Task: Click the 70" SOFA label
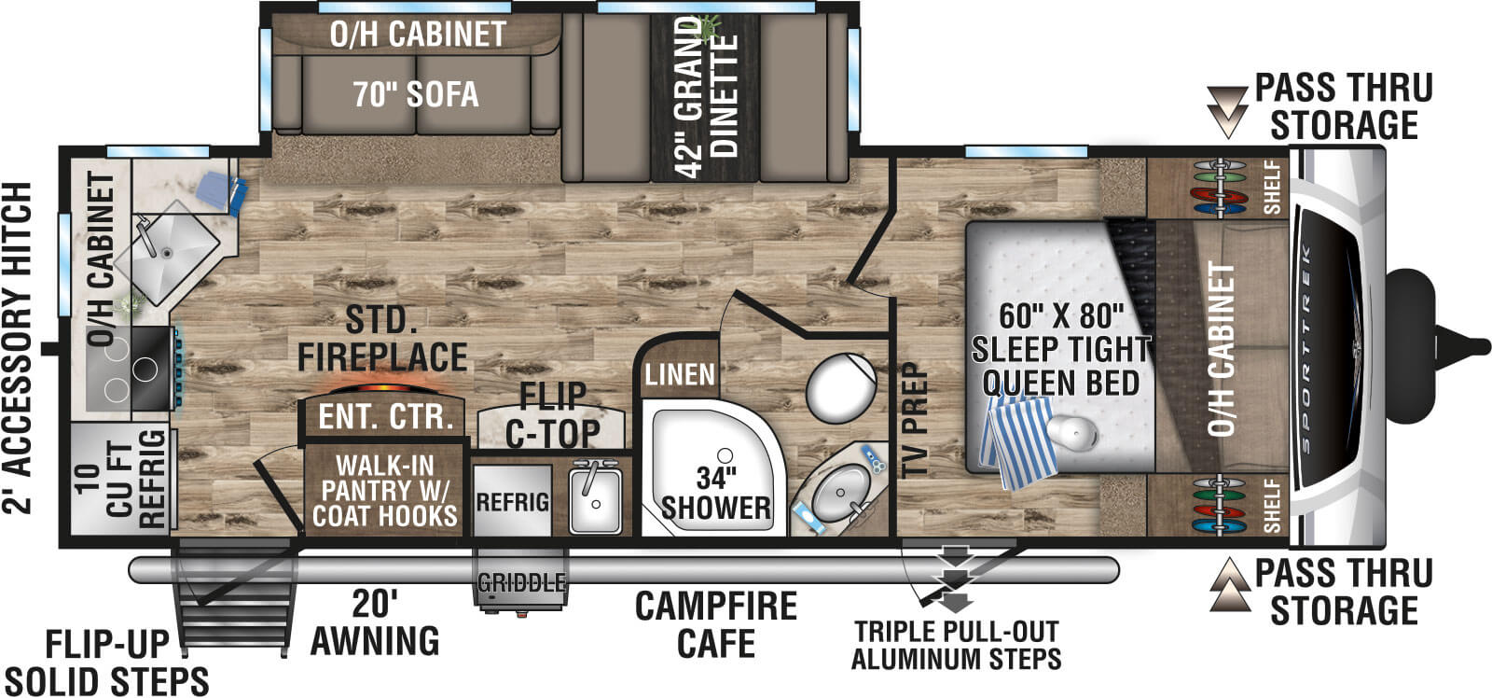tap(415, 94)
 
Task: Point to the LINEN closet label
tap(680, 375)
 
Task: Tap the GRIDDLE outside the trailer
tap(521, 583)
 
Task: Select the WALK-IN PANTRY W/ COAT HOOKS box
tap(384, 491)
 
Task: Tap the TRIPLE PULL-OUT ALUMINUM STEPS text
tap(956, 645)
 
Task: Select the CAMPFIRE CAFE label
tap(715, 624)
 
